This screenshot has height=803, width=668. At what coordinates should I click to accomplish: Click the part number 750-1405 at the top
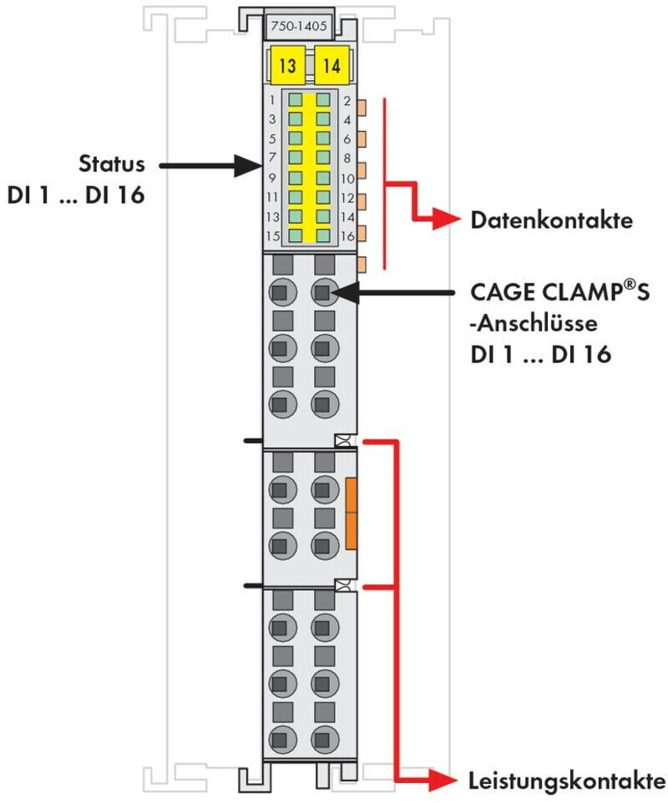pyautogui.click(x=299, y=26)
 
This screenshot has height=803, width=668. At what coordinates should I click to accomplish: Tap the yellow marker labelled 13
pyautogui.click(x=287, y=65)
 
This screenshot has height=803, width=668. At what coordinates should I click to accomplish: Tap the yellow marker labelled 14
pyautogui.click(x=332, y=65)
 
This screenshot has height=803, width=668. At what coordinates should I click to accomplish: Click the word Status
pyautogui.click(x=112, y=164)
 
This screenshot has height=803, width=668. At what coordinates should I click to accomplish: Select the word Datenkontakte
pyautogui.click(x=551, y=220)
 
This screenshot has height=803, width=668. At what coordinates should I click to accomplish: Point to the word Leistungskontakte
pyautogui.click(x=567, y=781)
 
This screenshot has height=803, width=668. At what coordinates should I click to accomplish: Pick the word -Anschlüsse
pyautogui.click(x=534, y=323)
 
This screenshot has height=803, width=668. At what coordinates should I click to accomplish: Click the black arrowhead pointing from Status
pyautogui.click(x=248, y=166)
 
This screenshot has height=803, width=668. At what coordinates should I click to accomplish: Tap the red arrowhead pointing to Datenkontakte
pyautogui.click(x=446, y=220)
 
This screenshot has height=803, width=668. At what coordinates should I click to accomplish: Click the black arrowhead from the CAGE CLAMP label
pyautogui.click(x=346, y=293)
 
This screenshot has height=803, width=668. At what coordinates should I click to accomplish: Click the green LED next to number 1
pyautogui.click(x=295, y=100)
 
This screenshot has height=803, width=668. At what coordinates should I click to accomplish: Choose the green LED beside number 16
pyautogui.click(x=323, y=235)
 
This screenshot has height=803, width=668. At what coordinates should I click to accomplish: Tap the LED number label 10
pyautogui.click(x=348, y=179)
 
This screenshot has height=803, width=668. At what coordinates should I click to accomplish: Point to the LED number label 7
pyautogui.click(x=272, y=157)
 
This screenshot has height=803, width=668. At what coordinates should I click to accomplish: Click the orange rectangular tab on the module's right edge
pyautogui.click(x=352, y=513)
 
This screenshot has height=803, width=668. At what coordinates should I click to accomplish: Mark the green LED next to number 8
pyautogui.click(x=323, y=158)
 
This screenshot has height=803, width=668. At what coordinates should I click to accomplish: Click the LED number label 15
pyautogui.click(x=273, y=236)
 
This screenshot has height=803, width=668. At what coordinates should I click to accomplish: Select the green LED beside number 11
pyautogui.click(x=295, y=197)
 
